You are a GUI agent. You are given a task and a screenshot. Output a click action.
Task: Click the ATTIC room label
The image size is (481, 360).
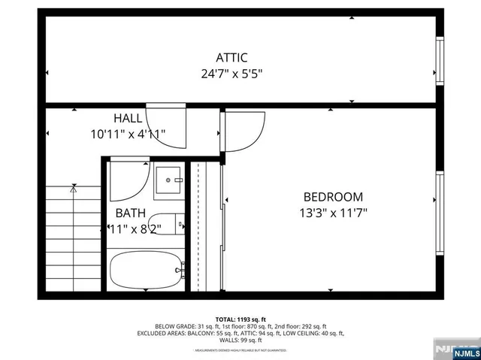[x=231, y=57]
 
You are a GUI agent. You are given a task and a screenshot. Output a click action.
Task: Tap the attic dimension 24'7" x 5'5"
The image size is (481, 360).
[x=231, y=74]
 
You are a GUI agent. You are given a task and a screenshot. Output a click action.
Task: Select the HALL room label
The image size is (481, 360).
[x=128, y=118]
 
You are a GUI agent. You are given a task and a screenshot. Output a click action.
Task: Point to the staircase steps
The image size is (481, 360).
[x=72, y=241]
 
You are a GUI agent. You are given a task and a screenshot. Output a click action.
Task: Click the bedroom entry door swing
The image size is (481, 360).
[x=244, y=132]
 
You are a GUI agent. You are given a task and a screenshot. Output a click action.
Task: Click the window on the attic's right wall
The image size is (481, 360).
[x=440, y=61]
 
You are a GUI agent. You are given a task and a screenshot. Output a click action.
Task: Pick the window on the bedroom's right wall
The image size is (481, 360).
[x=440, y=199]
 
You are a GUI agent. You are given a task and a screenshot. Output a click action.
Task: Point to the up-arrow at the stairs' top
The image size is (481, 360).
[x=73, y=190]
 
